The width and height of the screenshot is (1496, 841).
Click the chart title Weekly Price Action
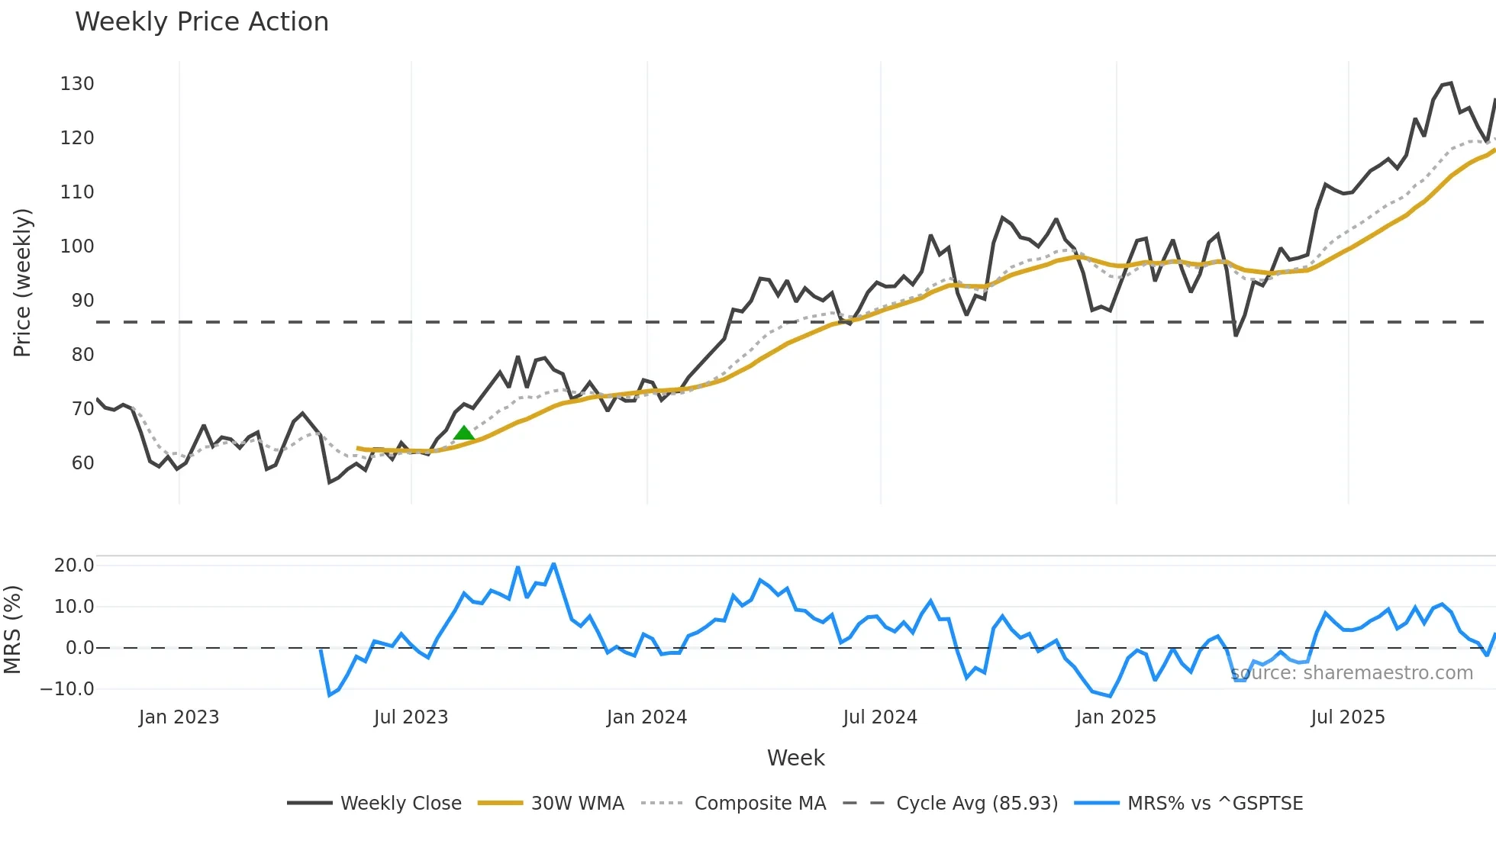[202, 21]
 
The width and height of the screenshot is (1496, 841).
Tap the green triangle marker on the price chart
[463, 433]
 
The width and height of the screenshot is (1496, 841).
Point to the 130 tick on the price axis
[77, 84]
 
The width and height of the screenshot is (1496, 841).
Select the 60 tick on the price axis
[82, 463]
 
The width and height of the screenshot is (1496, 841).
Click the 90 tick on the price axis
[82, 301]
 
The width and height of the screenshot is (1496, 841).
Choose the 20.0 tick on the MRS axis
[74, 565]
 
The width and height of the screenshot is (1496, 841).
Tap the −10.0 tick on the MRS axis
[67, 689]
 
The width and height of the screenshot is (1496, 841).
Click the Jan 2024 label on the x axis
[646, 717]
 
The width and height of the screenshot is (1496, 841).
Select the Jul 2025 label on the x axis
[1347, 717]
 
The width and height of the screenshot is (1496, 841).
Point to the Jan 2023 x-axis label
[179, 717]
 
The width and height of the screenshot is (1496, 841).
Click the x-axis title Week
[795, 758]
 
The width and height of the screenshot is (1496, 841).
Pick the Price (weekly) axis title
[22, 282]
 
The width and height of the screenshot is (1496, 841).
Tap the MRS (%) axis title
[12, 630]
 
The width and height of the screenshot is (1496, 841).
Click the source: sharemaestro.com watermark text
[1351, 673]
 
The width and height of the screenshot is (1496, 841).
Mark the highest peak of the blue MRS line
[553, 565]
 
